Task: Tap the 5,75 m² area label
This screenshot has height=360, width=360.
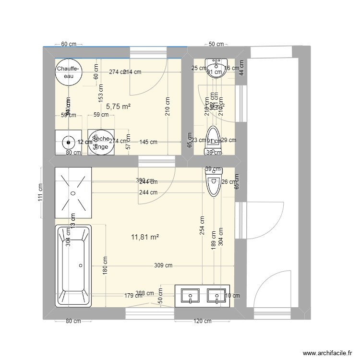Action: pos(119,107)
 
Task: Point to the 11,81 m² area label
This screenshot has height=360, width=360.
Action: pos(144,237)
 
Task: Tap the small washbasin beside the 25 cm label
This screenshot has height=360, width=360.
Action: pos(215,65)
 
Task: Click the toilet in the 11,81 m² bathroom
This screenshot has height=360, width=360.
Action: pos(213,182)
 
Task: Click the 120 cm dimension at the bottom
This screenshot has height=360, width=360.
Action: pos(202,321)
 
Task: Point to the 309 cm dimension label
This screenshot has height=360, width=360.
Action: pos(164,265)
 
